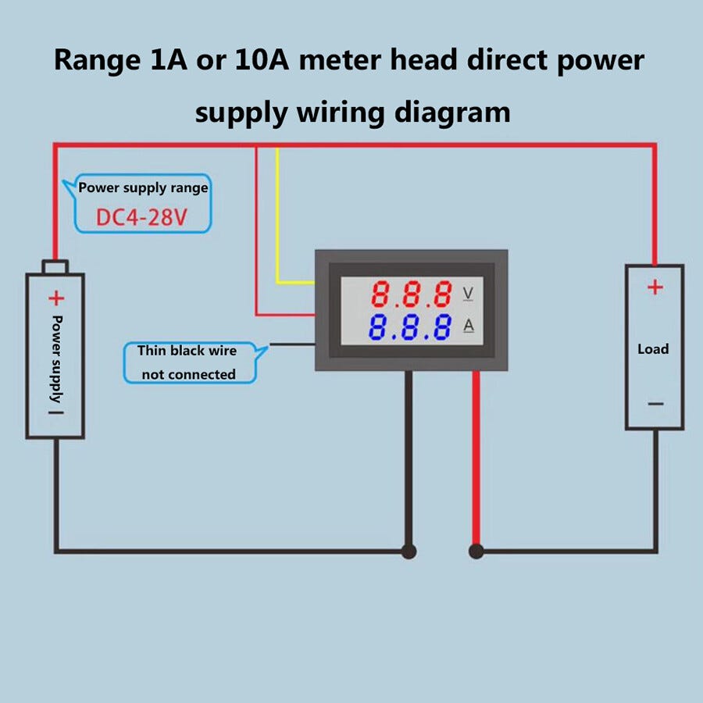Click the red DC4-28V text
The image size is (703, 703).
[x=141, y=217]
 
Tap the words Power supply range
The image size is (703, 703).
[x=143, y=187]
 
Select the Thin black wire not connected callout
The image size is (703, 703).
[x=190, y=362]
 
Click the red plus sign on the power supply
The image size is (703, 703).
[x=56, y=298]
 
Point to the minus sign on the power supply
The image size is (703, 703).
[x=56, y=412]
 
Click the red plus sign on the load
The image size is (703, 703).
[x=655, y=287]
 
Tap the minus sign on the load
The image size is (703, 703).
[x=655, y=404]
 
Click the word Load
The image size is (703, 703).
[x=653, y=349]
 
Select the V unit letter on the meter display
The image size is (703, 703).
[x=468, y=293]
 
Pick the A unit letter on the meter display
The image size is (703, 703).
[x=469, y=326]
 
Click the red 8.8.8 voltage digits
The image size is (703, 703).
[x=412, y=294]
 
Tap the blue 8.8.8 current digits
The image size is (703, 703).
[x=410, y=327]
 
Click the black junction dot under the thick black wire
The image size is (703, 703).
[x=409, y=551]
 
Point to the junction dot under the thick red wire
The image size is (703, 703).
[x=476, y=551]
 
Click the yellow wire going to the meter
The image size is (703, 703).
[x=277, y=216]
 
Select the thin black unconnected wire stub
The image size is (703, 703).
[x=292, y=344]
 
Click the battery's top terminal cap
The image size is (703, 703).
[x=55, y=267]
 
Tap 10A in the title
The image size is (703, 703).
[x=262, y=59]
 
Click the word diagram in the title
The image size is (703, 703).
[x=452, y=112]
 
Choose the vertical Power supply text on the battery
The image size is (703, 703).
[x=56, y=359]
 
